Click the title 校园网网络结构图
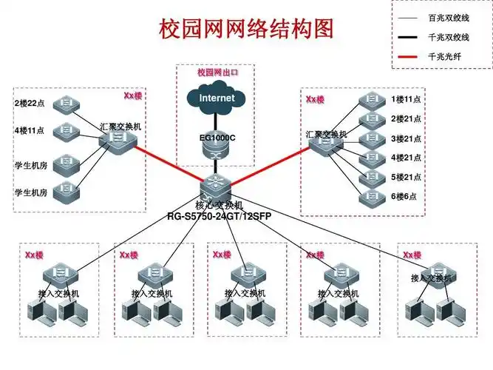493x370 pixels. point(247,28)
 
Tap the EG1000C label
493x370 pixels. point(217,137)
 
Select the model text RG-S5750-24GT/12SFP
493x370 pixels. point(217,215)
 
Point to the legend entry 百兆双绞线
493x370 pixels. point(448,16)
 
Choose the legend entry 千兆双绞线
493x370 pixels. point(448,36)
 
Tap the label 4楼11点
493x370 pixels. point(30,131)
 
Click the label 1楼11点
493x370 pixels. point(406,99)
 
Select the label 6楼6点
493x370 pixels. point(404,197)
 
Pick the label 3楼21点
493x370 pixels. point(406,138)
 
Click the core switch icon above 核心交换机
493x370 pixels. point(217,182)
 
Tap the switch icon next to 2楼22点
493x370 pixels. point(67,102)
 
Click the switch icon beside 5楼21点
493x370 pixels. point(368,178)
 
